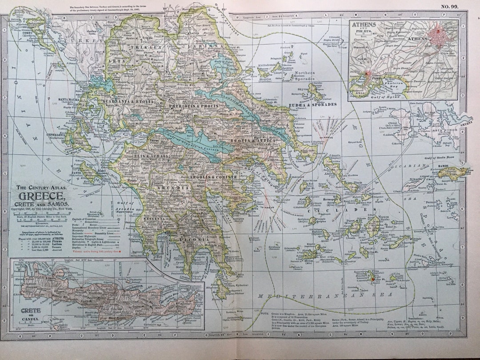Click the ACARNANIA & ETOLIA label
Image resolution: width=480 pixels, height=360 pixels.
[128, 102]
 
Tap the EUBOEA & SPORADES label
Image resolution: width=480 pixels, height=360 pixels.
[314, 105]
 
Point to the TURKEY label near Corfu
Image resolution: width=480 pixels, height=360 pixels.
[84, 41]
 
